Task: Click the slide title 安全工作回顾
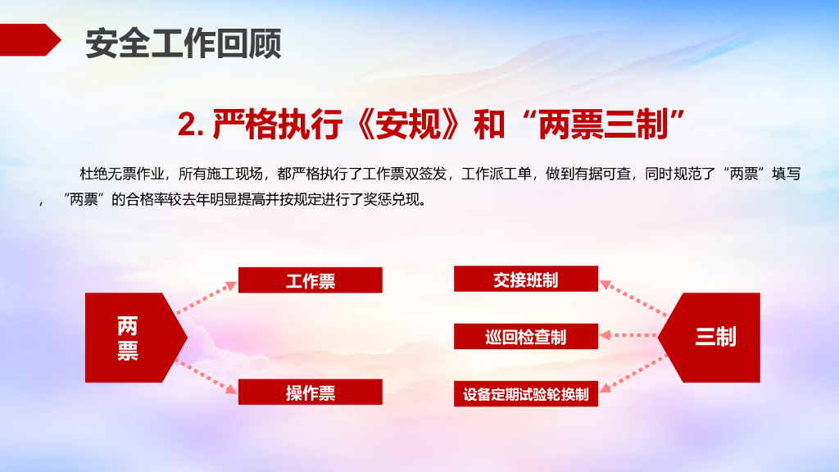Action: coord(183,43)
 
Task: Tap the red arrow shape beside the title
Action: coord(29,39)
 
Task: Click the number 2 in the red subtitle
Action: coord(188,125)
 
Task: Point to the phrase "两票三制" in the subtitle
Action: coord(603,125)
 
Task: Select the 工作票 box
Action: coord(311,280)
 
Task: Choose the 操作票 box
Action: coord(311,393)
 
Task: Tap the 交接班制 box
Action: coord(526,279)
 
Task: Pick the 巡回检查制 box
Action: coord(526,337)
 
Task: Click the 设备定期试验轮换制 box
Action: coord(526,394)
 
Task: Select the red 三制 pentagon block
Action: coord(709,338)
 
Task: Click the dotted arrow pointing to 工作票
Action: coord(206,297)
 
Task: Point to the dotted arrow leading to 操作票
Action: coord(206,377)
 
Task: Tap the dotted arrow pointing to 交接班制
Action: coord(633,297)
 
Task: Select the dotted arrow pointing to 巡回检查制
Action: coord(628,335)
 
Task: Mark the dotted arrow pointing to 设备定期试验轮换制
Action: coord(633,374)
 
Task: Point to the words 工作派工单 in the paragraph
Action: coord(496,174)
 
